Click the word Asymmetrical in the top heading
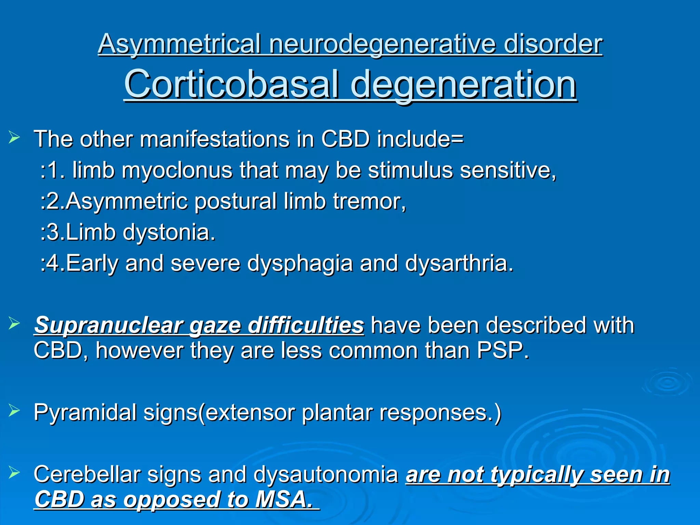pyautogui.click(x=180, y=44)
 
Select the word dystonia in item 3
pyautogui.click(x=169, y=232)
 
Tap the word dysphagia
pyautogui.click(x=300, y=264)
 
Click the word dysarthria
pyautogui.click(x=459, y=264)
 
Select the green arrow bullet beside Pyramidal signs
pyautogui.click(x=14, y=409)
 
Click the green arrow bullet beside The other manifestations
pyautogui.click(x=14, y=138)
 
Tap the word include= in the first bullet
pyautogui.click(x=420, y=139)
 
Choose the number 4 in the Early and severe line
pyautogui.click(x=53, y=264)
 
